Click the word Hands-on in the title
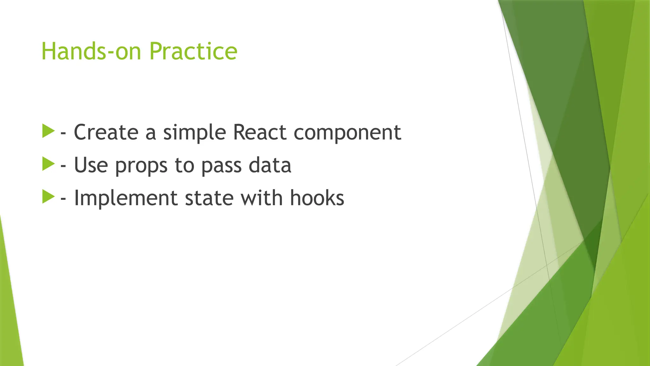click(x=91, y=51)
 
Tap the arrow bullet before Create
click(x=48, y=131)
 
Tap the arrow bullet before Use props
click(x=48, y=164)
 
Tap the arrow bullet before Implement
click(x=48, y=197)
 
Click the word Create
click(x=106, y=132)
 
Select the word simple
click(x=194, y=133)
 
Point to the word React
click(x=260, y=132)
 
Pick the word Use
click(x=91, y=165)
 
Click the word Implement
click(x=125, y=198)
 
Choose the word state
click(x=209, y=198)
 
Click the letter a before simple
click(x=150, y=133)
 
